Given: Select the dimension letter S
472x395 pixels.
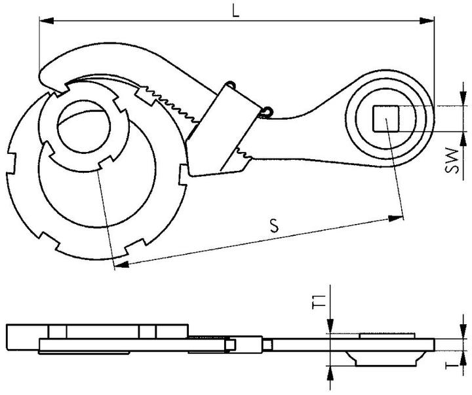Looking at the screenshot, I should pyautogui.click(x=274, y=226).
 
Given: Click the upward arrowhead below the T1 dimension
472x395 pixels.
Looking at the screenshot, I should pyautogui.click(x=332, y=369).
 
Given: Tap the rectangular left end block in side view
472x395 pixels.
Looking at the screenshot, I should pyautogui.click(x=22, y=337).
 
